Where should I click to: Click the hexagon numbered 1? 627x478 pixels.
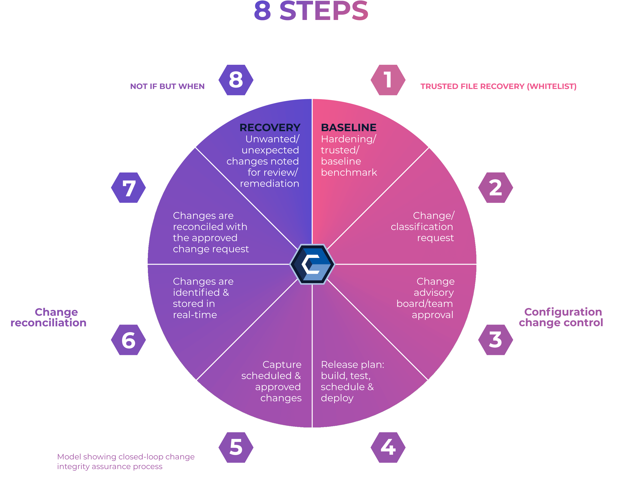point(388,80)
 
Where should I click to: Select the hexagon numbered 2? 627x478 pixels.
point(495,188)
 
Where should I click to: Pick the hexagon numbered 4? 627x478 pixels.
point(388,447)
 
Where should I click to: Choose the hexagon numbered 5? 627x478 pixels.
point(236,447)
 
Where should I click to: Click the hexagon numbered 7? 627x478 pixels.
point(129,188)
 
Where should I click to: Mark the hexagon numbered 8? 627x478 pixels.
point(236,80)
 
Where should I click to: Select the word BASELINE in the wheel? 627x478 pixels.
point(349,127)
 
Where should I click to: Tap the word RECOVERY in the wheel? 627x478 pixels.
point(270,127)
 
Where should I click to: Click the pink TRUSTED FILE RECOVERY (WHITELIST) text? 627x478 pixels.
point(498,87)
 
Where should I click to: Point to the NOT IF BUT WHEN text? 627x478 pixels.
point(167,87)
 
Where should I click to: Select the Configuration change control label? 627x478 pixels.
point(561,317)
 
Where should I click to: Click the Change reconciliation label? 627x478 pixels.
point(48,317)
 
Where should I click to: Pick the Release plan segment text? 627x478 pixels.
point(352,381)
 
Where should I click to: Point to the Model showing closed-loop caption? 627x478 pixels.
point(126,462)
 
